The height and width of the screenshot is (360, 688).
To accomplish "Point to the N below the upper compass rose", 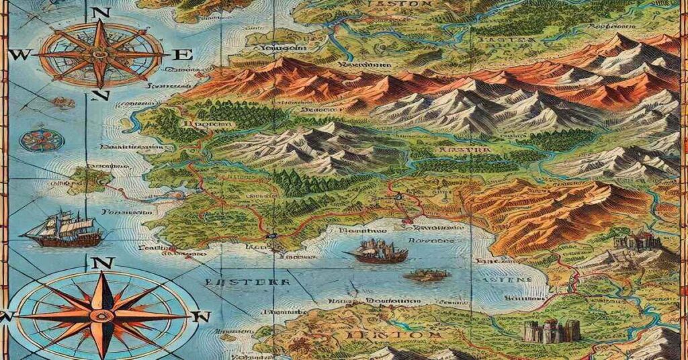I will [x=101, y=95].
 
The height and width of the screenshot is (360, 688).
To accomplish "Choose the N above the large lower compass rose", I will [x=102, y=263].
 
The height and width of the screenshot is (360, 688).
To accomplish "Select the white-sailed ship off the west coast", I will [x=64, y=228].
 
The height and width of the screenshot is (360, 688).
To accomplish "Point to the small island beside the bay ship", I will [x=426, y=275].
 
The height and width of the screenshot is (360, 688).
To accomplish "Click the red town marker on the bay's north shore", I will [x=405, y=220].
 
